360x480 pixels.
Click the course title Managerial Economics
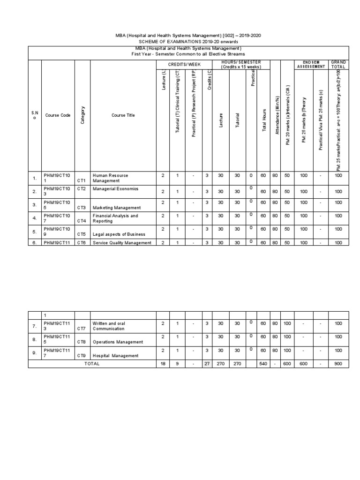click(116, 189)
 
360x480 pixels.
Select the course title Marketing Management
click(117, 207)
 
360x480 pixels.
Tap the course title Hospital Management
click(115, 356)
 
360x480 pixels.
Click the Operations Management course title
click(117, 343)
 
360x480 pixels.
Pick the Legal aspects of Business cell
click(119, 234)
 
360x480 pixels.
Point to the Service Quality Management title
click(122, 243)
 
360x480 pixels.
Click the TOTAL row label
click(92, 364)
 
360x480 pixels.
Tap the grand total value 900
click(338, 364)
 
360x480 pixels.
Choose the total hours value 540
click(263, 364)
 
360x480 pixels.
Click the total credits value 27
click(206, 364)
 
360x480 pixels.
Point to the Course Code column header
click(58, 115)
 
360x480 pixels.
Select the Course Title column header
click(123, 115)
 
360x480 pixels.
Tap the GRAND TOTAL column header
click(338, 64)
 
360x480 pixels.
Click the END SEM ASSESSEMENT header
click(310, 64)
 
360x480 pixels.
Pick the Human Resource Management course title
click(110, 178)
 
